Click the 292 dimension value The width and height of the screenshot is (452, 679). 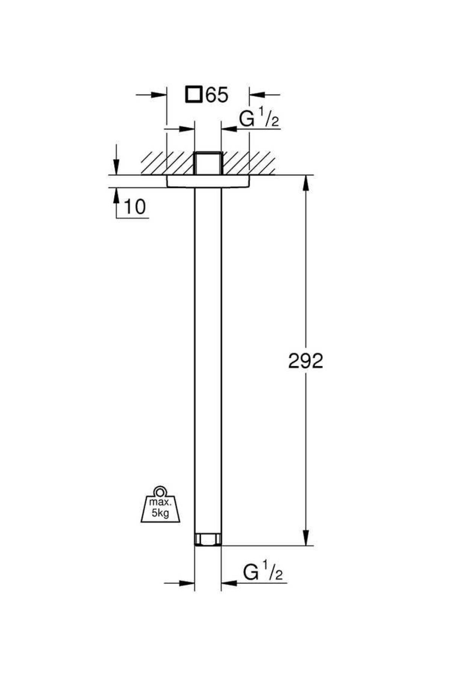[305, 361]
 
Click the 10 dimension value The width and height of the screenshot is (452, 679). [134, 207]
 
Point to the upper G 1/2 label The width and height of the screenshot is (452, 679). [259, 120]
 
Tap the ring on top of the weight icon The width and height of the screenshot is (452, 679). [160, 492]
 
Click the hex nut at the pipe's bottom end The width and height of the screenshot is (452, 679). [208, 539]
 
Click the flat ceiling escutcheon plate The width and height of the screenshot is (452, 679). [208, 181]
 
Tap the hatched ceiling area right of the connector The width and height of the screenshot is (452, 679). [249, 163]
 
